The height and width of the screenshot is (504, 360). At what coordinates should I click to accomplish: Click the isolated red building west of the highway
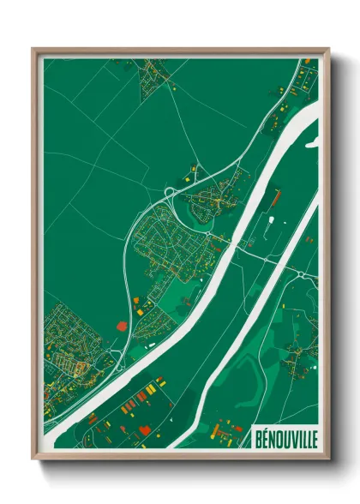120,325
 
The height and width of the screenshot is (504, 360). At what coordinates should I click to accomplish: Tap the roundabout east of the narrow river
303,274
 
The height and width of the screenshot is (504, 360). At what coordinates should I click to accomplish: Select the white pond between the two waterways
271,225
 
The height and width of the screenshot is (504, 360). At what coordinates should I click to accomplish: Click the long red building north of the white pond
276,199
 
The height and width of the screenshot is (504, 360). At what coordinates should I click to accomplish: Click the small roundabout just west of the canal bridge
208,231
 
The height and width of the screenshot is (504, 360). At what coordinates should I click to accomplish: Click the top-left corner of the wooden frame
33,49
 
